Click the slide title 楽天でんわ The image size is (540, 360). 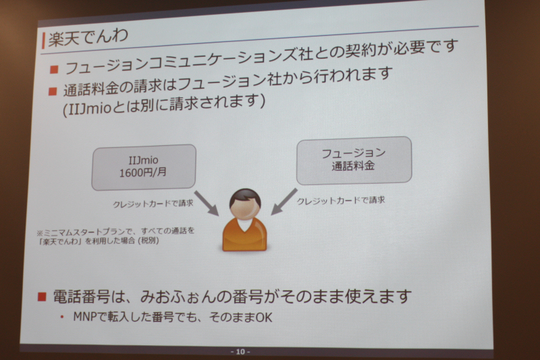[88, 37]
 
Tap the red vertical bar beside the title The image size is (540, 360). [43, 41]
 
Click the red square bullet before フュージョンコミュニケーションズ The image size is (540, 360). [54, 70]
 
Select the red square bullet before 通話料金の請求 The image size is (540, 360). [53, 91]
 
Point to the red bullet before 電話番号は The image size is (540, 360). [42, 297]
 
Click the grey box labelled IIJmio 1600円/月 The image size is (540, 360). [144, 167]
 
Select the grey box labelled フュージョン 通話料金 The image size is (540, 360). [354, 160]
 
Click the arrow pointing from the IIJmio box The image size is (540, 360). [206, 203]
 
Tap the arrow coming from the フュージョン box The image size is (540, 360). [284, 201]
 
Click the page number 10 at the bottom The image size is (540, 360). [240, 351]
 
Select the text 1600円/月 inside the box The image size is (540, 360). [143, 172]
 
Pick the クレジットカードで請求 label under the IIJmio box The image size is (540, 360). [153, 203]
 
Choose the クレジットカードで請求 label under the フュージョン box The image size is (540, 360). [341, 201]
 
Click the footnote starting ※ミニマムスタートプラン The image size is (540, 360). [115, 236]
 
